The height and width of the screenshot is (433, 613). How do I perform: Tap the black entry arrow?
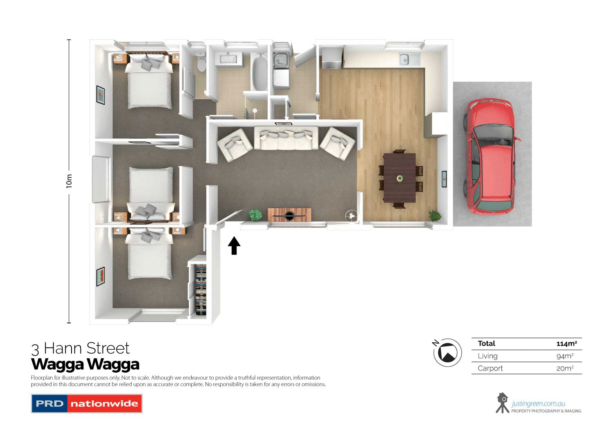click(x=234, y=246)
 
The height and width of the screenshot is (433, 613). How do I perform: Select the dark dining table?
click(x=399, y=178)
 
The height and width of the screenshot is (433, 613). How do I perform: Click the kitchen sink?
click(x=404, y=60)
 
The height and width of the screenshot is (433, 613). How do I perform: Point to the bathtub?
click(x=259, y=72)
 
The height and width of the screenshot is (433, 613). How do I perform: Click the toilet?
click(x=201, y=62)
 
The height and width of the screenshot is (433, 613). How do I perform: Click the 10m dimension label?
click(x=69, y=181)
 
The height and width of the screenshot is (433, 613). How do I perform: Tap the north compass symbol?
click(x=447, y=352)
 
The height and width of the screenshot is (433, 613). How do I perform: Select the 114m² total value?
click(x=566, y=344)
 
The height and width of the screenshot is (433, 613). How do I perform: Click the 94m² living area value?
click(x=565, y=356)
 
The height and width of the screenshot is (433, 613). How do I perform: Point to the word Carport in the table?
click(x=490, y=368)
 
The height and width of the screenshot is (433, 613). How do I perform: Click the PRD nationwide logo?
click(x=87, y=404)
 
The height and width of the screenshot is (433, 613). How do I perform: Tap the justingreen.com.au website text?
click(x=538, y=404)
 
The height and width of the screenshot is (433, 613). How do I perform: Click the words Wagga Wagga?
click(x=85, y=364)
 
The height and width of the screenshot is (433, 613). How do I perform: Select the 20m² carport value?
click(x=565, y=368)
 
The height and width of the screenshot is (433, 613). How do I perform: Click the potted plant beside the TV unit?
click(x=255, y=214)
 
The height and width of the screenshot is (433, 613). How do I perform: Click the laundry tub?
click(x=280, y=60)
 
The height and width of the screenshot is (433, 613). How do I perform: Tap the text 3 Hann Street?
click(x=81, y=348)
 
